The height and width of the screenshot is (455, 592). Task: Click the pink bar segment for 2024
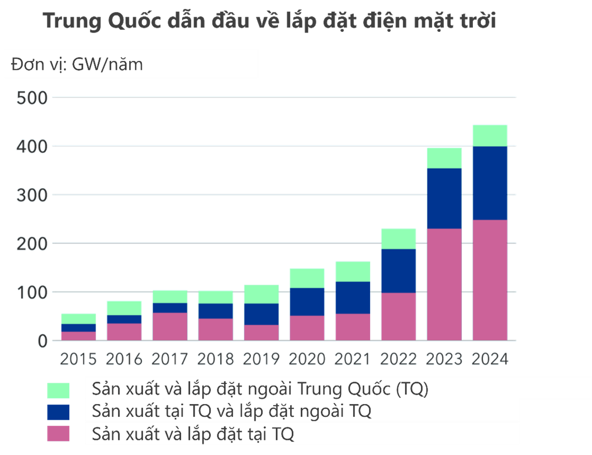tap(490, 280)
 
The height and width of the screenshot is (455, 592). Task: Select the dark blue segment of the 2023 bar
tap(444, 198)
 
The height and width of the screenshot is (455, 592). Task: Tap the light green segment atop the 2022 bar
tap(399, 238)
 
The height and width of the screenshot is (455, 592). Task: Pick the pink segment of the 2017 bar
tap(170, 326)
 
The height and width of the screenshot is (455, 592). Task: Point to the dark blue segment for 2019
tap(261, 314)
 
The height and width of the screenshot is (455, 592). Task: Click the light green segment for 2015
tap(78, 318)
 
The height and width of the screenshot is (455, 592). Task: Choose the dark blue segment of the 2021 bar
tap(353, 297)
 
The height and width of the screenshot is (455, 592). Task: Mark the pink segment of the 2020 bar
tap(307, 328)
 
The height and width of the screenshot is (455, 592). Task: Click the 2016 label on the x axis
tap(124, 359)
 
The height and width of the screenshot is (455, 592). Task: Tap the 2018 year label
tap(216, 359)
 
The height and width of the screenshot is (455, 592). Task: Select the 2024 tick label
tap(490, 359)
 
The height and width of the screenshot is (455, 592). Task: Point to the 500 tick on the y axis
tap(32, 97)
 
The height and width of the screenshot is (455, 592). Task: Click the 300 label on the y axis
tap(32, 195)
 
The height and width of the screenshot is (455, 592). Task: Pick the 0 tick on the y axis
tap(41, 341)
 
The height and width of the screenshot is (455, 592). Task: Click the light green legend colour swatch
tap(59, 390)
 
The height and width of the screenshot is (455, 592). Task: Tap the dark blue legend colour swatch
tap(59, 412)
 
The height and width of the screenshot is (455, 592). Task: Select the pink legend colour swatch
tap(59, 434)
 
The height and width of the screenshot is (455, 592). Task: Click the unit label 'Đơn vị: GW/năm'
tap(77, 64)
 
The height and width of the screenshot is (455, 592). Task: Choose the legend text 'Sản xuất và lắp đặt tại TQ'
tap(193, 434)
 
